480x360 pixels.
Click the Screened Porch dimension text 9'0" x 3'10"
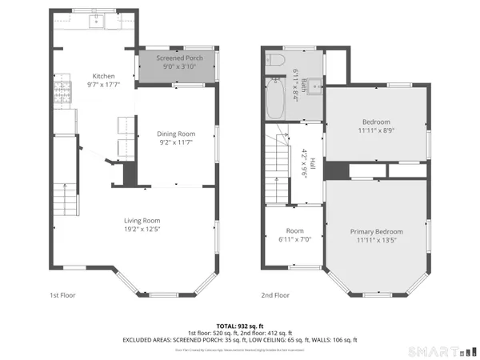(x=178, y=67)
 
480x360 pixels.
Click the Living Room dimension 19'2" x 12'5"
(x=142, y=230)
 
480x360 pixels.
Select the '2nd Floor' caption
(x=277, y=295)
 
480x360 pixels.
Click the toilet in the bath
(x=275, y=60)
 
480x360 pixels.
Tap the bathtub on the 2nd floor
(x=274, y=100)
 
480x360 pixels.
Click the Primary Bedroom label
(x=376, y=231)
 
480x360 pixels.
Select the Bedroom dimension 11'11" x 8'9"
(x=376, y=130)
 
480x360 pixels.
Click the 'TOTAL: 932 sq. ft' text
(x=240, y=326)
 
